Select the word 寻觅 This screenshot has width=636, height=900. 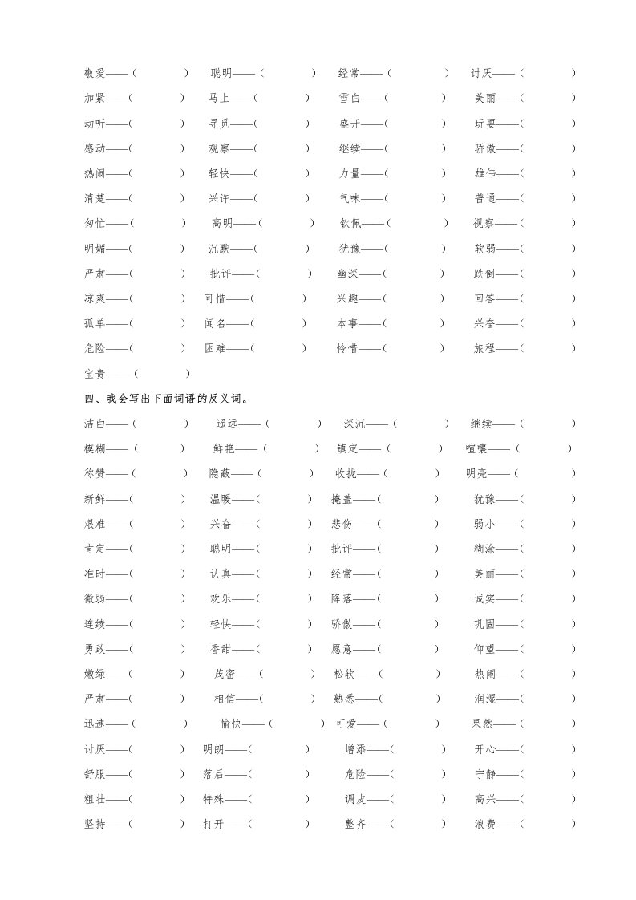point(219,124)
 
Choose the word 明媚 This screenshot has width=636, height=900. point(95,249)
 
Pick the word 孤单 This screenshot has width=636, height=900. point(95,323)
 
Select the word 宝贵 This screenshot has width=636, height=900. point(95,374)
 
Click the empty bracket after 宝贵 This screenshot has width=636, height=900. point(161,374)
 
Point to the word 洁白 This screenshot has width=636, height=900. point(95,424)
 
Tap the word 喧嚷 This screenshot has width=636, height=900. point(476,448)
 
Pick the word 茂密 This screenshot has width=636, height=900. point(225,674)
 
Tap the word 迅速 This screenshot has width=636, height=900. point(95,724)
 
